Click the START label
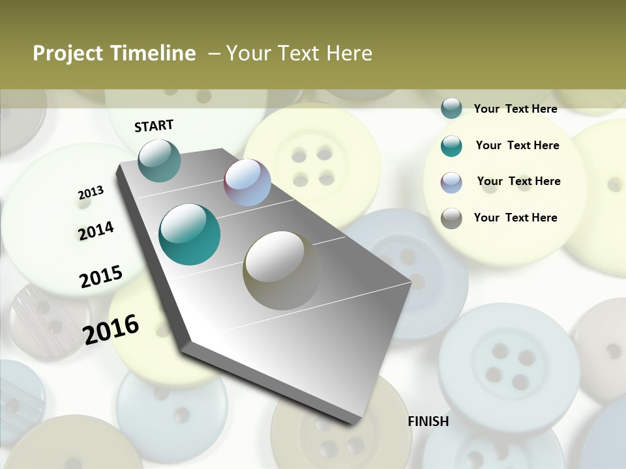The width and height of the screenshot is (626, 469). coord(154,126)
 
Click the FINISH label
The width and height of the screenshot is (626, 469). coord(428,421)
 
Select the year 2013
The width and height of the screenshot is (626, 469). coord(91,193)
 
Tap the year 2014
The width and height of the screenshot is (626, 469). coord(96,231)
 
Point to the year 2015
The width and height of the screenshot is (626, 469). coord(101,277)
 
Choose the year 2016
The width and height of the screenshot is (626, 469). coord(111,329)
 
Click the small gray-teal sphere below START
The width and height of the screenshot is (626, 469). coord(159,160)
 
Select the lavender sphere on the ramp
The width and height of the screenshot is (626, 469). coord(247,182)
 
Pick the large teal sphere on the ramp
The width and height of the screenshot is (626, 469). coord(189,234)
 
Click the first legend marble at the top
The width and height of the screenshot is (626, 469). coord(451,108)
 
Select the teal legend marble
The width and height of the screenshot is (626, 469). coord(451,146)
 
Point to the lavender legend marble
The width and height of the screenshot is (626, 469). coord(451,182)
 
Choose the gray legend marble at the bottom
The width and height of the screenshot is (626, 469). coord(451,218)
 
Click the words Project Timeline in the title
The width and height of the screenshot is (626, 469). coord(114,53)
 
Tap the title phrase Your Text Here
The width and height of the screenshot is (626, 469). coord(299,53)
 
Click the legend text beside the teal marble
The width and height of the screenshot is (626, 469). coord(517,145)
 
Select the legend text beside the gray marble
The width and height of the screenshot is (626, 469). coord(515,218)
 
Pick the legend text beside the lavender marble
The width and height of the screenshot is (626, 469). coord(518,181)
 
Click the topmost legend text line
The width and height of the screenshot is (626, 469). coord(515,109)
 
